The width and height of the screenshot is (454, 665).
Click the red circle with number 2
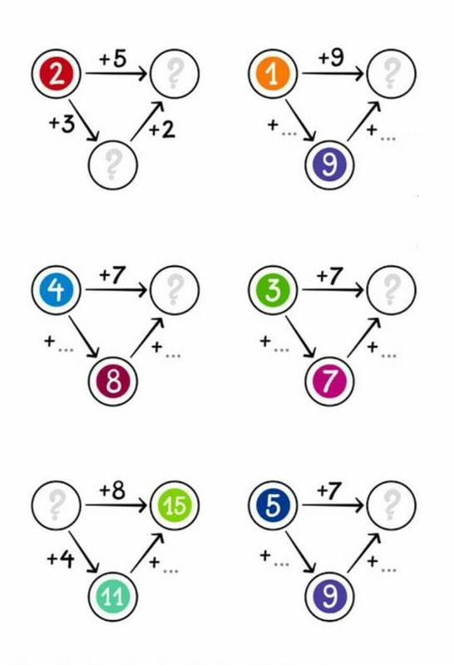56,74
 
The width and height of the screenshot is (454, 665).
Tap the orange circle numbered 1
273,74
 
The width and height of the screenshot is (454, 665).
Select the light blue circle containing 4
56,290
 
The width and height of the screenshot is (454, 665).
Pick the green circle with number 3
273,290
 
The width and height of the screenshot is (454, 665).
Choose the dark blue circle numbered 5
273,505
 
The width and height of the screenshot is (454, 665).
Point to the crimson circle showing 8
113,382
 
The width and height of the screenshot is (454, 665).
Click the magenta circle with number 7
329,382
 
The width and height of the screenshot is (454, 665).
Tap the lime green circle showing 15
175,505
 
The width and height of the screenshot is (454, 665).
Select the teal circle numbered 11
113,596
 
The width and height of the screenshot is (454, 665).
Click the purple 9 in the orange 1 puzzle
329,165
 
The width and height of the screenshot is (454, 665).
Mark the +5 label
113,58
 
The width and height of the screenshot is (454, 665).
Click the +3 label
62,124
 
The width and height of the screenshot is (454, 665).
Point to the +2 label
162,130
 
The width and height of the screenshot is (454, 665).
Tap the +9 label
331,57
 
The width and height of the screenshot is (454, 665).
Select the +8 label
112,490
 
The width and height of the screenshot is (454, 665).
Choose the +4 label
61,559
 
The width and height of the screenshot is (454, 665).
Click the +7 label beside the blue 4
113,276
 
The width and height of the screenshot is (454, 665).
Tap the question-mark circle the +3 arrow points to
113,165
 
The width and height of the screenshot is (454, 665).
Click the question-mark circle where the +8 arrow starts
56,505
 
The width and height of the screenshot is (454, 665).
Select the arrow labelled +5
116,74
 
